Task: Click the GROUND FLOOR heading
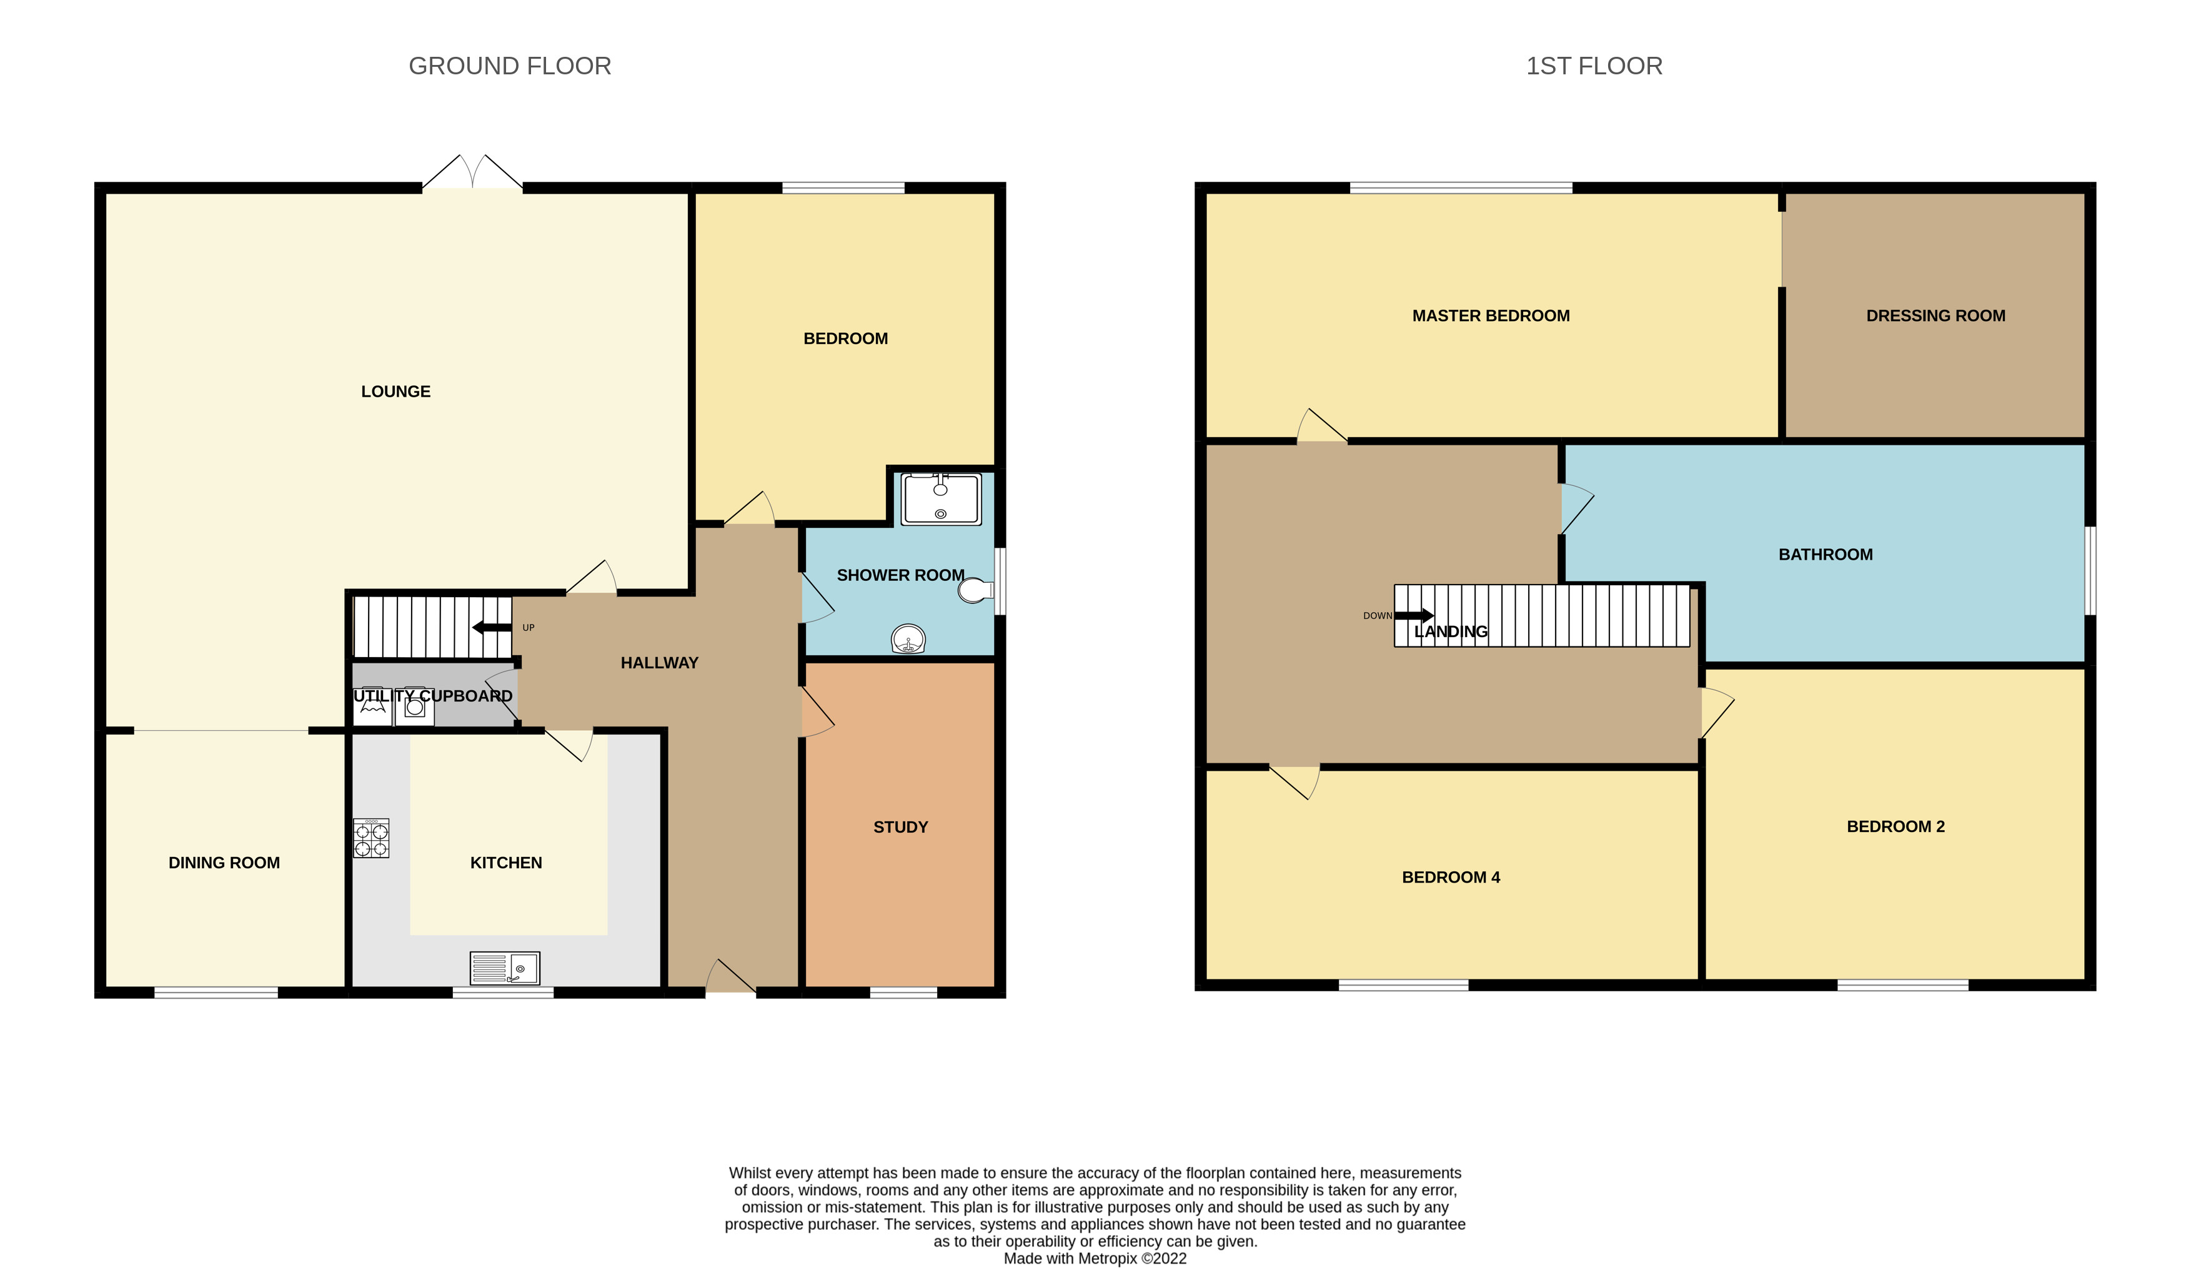coord(510,66)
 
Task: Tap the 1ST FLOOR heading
coord(1594,66)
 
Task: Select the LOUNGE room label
coord(395,391)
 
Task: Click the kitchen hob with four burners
coord(370,839)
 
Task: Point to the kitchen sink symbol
coord(504,968)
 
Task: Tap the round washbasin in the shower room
coord(908,639)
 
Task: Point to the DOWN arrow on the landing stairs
coord(1413,615)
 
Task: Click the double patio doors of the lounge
coord(472,174)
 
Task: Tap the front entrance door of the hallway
coord(730,977)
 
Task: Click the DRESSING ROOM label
coord(1935,315)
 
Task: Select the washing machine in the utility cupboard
coord(415,706)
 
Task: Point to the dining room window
coord(217,993)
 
